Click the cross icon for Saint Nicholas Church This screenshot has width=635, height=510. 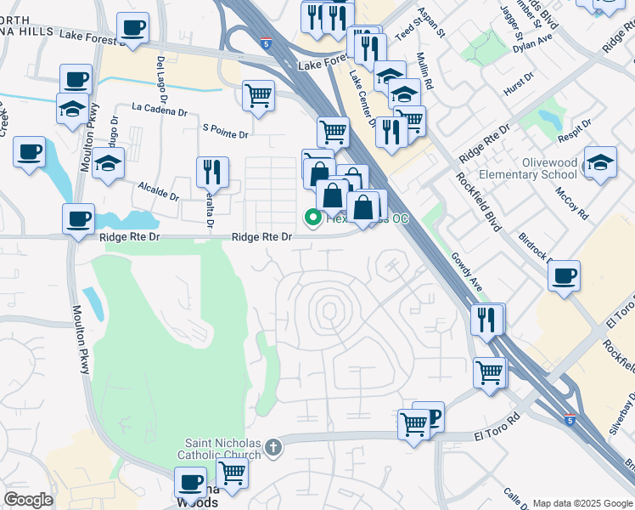point(273,446)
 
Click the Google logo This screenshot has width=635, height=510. point(28,499)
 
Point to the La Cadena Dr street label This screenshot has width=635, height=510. point(160,110)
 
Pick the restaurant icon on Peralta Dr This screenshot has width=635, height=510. point(211,171)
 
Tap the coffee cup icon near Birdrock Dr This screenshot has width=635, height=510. point(564,275)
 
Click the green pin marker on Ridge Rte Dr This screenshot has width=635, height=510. point(312,218)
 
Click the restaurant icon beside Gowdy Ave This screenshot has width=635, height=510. point(488,319)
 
